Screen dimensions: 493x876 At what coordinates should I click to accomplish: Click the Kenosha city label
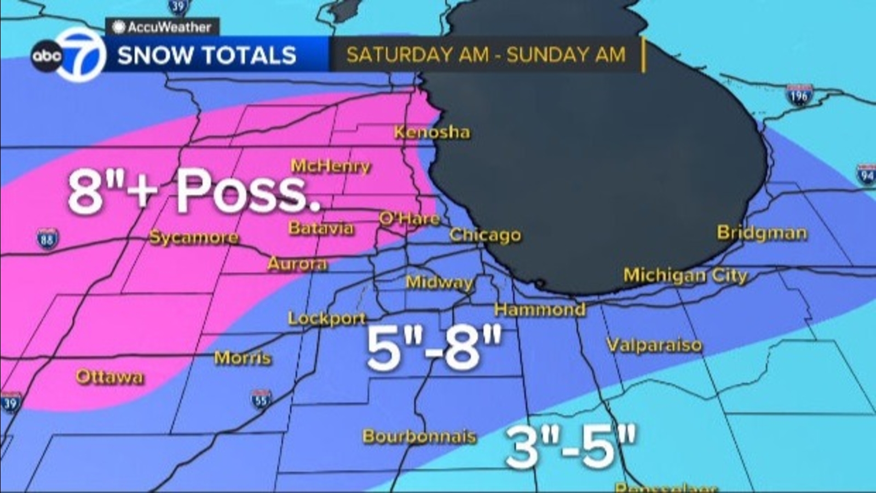pos(432,132)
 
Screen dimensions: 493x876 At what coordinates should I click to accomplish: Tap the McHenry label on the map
pos(330,165)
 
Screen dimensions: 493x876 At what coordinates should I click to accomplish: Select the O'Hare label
pos(410,219)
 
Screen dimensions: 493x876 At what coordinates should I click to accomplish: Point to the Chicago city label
pos(485,235)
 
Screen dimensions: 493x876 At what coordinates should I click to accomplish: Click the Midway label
pos(439,282)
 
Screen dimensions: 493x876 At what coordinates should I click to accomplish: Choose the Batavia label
pos(321,228)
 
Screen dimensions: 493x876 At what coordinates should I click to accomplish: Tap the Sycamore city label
pos(194,237)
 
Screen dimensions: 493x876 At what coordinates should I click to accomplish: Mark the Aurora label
pos(297,264)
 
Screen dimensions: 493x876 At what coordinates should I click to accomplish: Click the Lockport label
pos(327,318)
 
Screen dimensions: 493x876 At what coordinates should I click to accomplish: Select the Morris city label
pos(243,358)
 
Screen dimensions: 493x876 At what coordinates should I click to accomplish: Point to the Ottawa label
pos(109,376)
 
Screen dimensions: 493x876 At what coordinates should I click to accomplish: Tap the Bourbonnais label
pos(419,436)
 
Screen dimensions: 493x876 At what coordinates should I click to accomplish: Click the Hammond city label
pos(540,309)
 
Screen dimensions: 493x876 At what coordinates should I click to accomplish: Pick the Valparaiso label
pos(654,345)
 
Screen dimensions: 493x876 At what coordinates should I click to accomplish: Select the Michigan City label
pos(685,275)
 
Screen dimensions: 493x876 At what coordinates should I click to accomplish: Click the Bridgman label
pos(762,233)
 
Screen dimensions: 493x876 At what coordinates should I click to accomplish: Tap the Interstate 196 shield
pos(799,95)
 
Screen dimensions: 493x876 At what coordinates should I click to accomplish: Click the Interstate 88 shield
pos(48,239)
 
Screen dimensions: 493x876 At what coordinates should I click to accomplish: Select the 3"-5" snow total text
pos(570,446)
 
